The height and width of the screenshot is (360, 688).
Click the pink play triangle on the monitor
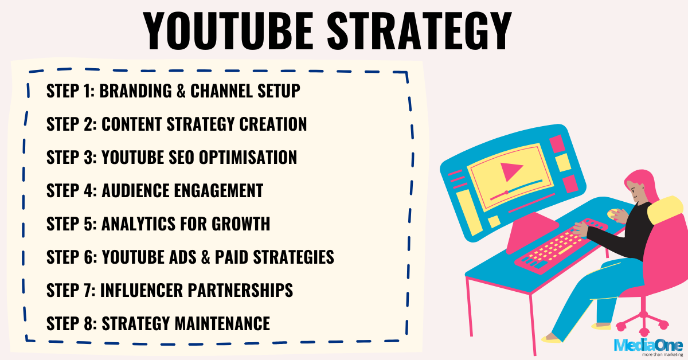[508, 171]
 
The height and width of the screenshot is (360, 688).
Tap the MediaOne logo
[648, 345]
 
